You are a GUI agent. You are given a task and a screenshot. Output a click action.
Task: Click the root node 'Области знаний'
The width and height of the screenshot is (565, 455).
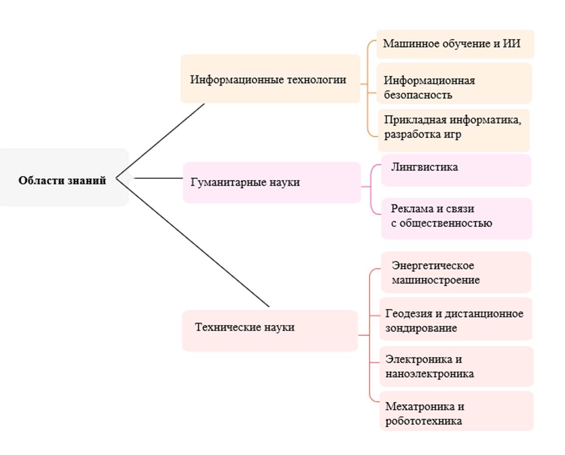[62, 180]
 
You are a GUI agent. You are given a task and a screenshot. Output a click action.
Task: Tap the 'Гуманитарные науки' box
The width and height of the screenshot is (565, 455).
[271, 182]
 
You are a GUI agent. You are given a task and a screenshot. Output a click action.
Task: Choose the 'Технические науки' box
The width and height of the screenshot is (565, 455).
[269, 330]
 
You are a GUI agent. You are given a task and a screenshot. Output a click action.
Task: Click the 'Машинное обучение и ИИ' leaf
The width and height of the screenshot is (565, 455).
[454, 44]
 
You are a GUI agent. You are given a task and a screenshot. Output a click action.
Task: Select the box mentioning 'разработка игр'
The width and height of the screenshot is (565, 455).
[453, 130]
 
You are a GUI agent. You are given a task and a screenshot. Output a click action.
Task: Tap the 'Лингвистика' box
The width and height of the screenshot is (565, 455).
[456, 170]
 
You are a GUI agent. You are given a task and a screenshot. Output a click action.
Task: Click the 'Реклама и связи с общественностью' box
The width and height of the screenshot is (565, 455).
[456, 218]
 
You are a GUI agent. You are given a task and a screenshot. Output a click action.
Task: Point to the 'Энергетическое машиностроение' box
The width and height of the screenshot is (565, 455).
[455, 272]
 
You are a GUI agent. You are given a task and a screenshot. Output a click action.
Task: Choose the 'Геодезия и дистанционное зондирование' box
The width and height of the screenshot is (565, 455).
[455, 319]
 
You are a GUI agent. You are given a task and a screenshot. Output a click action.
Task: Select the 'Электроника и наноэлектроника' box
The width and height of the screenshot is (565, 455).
[456, 366]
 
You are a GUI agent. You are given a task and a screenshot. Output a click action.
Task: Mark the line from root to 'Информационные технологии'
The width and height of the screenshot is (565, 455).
[160, 140]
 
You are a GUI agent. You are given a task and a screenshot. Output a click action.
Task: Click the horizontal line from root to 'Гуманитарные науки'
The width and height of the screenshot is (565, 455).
[158, 178]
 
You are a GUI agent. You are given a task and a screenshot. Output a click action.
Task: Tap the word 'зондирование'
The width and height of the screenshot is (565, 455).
[421, 328]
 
